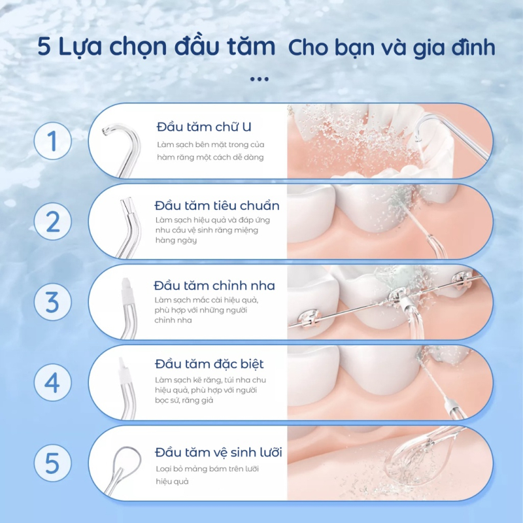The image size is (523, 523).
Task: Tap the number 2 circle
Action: (52, 222)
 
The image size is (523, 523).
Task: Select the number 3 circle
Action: (52, 303)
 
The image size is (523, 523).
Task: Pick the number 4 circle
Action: (52, 383)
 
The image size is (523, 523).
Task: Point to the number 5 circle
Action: (52, 464)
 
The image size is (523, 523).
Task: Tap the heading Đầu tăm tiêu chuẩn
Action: (217, 206)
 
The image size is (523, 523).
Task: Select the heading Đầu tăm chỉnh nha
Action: (214, 286)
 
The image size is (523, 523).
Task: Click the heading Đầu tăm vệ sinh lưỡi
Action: (218, 452)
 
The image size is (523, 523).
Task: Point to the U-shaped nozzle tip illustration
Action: (122, 147)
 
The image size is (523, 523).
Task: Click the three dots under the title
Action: (260, 79)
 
